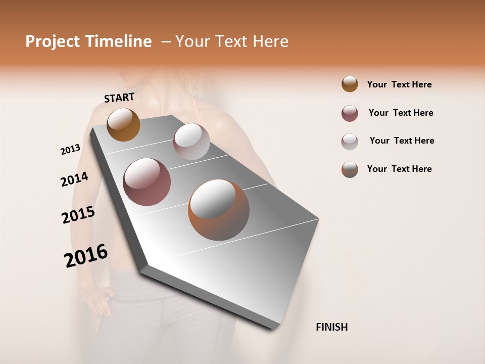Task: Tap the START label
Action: [x=119, y=98]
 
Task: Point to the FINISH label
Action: [x=332, y=327]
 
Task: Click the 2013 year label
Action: [x=70, y=150]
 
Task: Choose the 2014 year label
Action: [x=74, y=179]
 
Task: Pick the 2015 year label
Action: [x=78, y=215]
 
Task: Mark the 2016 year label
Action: [x=86, y=256]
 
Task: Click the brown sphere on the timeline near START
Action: [x=123, y=124]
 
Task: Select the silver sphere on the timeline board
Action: [x=191, y=142]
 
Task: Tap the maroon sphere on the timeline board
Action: [x=147, y=182]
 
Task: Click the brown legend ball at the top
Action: [x=350, y=84]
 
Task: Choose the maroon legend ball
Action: [x=350, y=113]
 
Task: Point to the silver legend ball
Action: [x=350, y=142]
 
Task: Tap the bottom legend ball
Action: [x=350, y=169]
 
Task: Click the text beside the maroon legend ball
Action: [x=401, y=113]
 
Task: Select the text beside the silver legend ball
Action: [x=402, y=141]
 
